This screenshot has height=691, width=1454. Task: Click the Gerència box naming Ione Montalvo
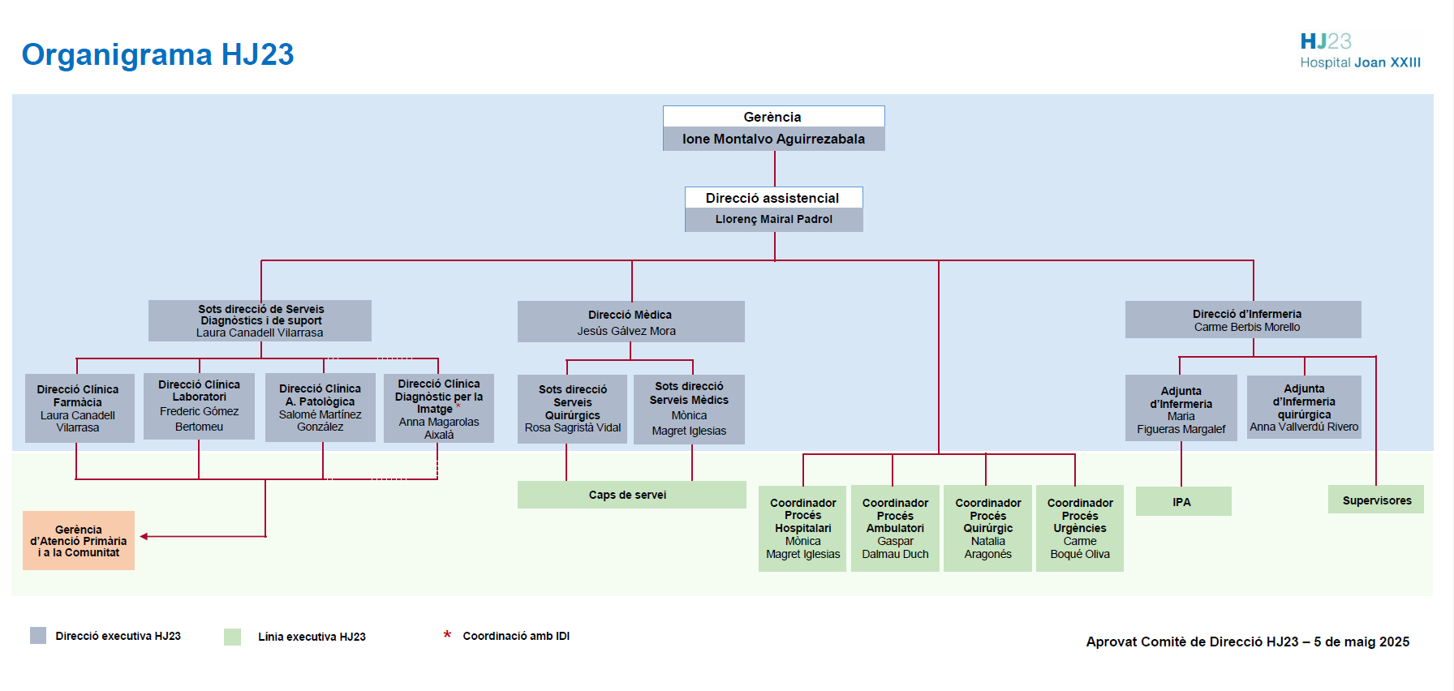[773, 128]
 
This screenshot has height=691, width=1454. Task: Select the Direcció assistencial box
[773, 209]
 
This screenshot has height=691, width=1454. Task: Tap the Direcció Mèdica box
[630, 322]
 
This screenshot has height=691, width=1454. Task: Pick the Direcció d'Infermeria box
[1242, 320]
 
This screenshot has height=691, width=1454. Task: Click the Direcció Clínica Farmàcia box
[79, 408]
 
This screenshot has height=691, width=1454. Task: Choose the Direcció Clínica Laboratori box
[199, 406]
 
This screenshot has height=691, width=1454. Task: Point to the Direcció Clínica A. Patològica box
[320, 407]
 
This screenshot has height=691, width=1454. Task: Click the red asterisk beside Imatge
[458, 406]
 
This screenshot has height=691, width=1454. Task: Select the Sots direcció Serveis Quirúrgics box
[572, 409]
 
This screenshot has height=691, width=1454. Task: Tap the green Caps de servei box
[631, 495]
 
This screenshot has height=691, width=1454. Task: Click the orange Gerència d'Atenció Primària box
[79, 540]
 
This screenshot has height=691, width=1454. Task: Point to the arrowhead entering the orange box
[144, 536]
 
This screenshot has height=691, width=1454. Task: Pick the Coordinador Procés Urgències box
[1079, 528]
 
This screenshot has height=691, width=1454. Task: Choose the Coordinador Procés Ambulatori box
[895, 528]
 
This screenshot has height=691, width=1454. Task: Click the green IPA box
[1183, 501]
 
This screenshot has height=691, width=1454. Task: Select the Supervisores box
[1375, 500]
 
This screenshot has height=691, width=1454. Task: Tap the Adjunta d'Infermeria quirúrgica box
[1303, 407]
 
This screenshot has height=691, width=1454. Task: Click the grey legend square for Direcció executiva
[38, 635]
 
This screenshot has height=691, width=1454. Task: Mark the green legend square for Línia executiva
[232, 637]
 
